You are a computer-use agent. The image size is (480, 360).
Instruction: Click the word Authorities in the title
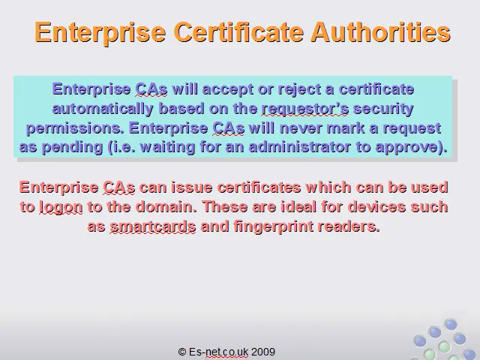[x=380, y=31]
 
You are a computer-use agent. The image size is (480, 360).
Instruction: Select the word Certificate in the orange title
[x=238, y=31]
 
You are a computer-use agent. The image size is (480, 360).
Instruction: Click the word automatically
[x=103, y=109]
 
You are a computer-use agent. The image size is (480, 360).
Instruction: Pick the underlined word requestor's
[x=305, y=109]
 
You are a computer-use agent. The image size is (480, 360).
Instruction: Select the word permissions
[x=75, y=128]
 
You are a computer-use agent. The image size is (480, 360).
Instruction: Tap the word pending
[x=72, y=148]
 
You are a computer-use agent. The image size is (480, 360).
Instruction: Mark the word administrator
[x=300, y=147]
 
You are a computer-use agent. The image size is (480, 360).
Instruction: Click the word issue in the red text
[x=192, y=187]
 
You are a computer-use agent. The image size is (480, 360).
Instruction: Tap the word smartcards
[x=153, y=226]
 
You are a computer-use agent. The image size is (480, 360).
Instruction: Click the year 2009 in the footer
[x=263, y=352]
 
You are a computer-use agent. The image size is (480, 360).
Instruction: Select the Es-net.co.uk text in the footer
[x=218, y=352]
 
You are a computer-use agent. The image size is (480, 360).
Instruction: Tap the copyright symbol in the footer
[x=182, y=352]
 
